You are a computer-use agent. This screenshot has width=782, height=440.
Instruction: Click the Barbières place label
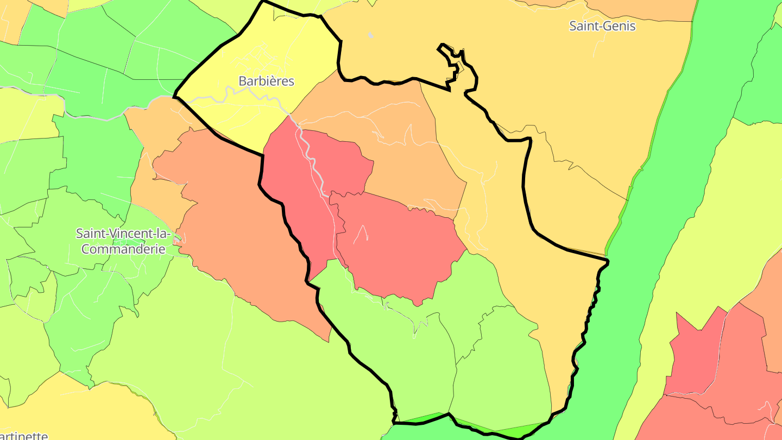tap(266, 81)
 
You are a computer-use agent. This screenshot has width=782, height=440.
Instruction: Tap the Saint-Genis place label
tap(602, 26)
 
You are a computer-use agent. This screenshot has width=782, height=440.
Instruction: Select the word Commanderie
tap(120, 249)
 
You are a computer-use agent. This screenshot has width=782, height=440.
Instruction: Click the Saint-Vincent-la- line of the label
tap(123, 234)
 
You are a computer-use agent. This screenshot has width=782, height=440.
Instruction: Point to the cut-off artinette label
tap(24, 435)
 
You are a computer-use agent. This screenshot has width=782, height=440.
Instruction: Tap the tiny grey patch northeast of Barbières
tap(370, 35)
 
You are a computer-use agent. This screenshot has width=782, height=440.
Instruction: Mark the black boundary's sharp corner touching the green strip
tap(607, 262)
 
